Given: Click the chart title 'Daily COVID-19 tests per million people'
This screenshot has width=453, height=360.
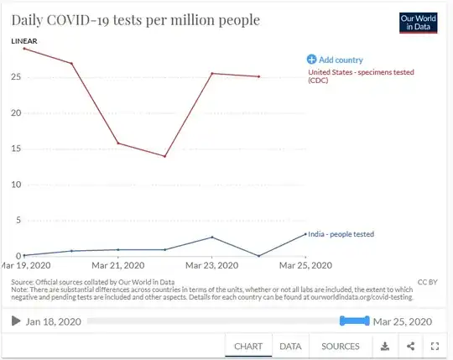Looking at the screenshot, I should (135, 19).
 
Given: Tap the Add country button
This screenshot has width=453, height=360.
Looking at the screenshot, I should (335, 60).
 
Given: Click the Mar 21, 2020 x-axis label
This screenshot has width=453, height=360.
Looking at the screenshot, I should (118, 266).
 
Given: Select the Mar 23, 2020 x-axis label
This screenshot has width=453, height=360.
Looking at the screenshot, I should (212, 266).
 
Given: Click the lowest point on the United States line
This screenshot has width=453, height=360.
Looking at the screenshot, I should (165, 156).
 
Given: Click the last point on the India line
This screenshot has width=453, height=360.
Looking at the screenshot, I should (306, 234).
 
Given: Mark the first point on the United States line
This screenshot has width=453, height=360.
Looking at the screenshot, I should (24, 49).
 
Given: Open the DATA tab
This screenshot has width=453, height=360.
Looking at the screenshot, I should (290, 346).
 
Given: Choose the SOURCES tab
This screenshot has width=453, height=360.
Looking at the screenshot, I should (341, 346).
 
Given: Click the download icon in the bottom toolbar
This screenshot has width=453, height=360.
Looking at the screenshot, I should (385, 346).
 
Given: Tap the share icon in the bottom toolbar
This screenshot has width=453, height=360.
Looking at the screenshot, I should (410, 346).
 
